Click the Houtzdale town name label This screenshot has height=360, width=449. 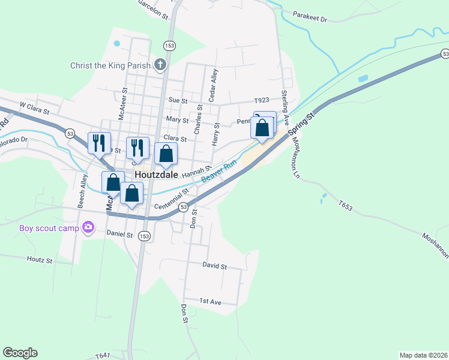[158, 175]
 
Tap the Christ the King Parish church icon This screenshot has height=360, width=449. [160, 65]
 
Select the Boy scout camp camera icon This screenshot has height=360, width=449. [89, 227]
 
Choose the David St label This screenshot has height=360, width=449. [214, 265]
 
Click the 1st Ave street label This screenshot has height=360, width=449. [211, 301]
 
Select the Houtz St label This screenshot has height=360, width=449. [40, 260]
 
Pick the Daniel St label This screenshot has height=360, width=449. [119, 233]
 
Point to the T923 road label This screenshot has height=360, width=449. [262, 100]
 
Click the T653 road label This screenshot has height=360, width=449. [345, 206]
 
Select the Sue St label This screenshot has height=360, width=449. [178, 100]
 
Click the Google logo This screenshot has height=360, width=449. [20, 353]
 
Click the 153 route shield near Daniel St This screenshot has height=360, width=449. [144, 236]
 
